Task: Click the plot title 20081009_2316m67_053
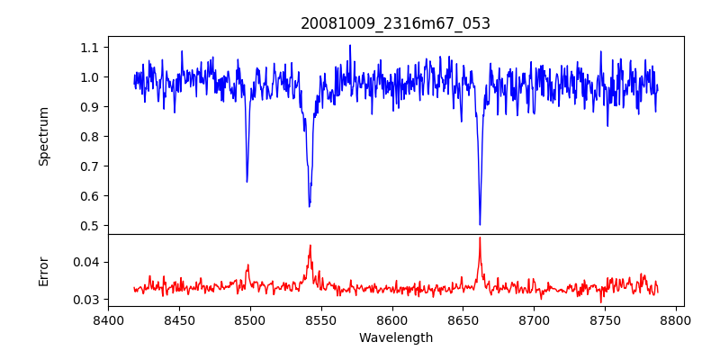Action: pos(395,23)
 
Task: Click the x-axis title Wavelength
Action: pos(395,338)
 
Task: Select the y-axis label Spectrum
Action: pos(44,136)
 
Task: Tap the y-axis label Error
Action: pos(44,271)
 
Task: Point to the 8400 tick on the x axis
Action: pos(108,319)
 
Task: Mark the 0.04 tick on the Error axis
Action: pos(91,263)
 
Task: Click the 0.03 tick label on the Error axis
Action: pos(91,300)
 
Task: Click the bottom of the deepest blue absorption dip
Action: pos(480,224)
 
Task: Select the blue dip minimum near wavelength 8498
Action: pos(247,181)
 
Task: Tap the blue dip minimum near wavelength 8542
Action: pos(309,206)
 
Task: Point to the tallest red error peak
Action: pos(480,238)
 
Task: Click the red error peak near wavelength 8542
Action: pos(310,246)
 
